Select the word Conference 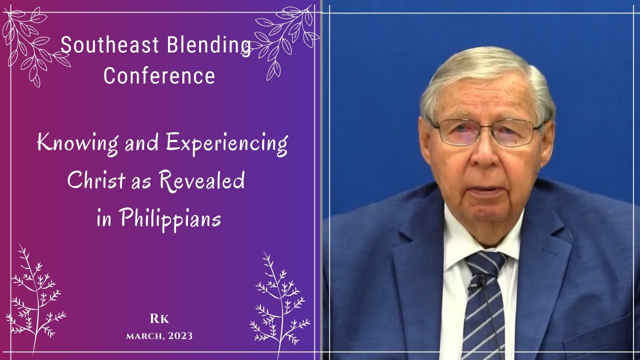159,76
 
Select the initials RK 159,319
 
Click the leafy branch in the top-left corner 32,45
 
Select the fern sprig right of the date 277,300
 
